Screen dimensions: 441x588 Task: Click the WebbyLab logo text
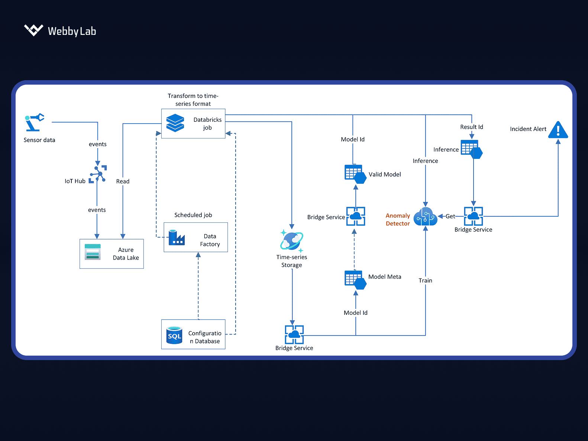tap(72, 31)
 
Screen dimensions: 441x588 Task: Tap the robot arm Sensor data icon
tap(34, 122)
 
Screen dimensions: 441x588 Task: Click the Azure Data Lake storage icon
tap(93, 252)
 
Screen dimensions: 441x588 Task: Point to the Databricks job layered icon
tap(175, 123)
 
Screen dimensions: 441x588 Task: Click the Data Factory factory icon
tap(177, 238)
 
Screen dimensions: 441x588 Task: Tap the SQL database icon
tap(174, 335)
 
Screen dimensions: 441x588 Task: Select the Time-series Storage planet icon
tap(292, 241)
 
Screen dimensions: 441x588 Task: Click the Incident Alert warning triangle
tap(558, 130)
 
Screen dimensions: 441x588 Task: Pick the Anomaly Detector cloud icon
tap(426, 216)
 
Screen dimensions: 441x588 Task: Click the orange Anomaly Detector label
tap(398, 219)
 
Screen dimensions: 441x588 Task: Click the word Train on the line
tap(425, 281)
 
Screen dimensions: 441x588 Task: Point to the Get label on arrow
tap(450, 216)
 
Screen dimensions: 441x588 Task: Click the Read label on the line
tap(123, 181)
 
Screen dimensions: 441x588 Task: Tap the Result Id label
tap(471, 127)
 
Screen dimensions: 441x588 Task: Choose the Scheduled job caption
tap(193, 215)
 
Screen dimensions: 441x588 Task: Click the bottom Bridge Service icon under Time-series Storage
tap(294, 334)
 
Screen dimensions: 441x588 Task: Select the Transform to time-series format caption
tap(193, 100)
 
